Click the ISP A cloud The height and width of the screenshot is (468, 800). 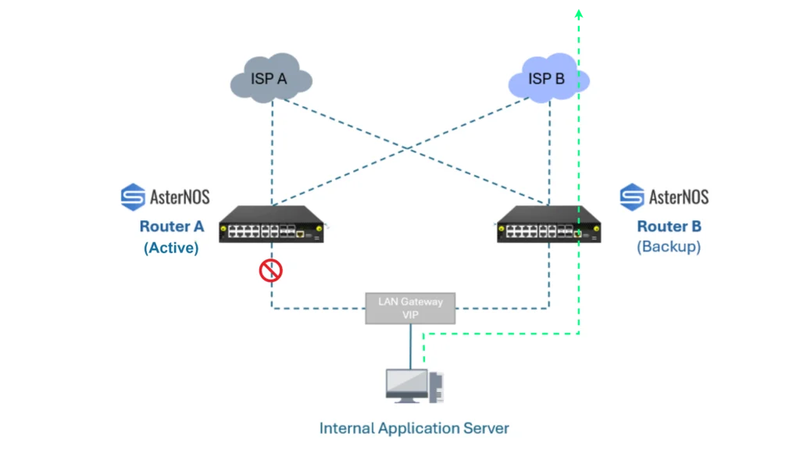pos(271,78)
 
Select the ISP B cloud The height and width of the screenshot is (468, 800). pos(548,78)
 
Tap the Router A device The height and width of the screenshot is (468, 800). pos(271,224)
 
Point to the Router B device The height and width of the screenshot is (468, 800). pos(549,224)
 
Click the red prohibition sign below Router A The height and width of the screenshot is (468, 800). pos(270,270)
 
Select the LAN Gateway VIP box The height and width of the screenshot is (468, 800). pos(410,309)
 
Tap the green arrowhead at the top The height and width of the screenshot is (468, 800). pos(579,14)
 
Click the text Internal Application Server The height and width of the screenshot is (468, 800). pos(414,428)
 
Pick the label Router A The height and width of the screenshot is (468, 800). pos(171,226)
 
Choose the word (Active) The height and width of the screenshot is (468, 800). pos(171,248)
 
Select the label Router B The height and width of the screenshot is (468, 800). pos(669,226)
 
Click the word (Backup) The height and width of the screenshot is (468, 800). pos(669,247)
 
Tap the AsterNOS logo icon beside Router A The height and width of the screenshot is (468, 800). pos(133,197)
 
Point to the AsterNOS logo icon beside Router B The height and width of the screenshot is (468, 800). pos(631,197)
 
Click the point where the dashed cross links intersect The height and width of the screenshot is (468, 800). pos(408,148)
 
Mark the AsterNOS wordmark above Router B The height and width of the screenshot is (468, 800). pos(679,197)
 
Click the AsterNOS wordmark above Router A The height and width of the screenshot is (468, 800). pos(180,197)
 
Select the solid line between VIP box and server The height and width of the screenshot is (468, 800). pos(411,347)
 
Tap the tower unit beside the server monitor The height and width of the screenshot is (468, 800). pos(436,388)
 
